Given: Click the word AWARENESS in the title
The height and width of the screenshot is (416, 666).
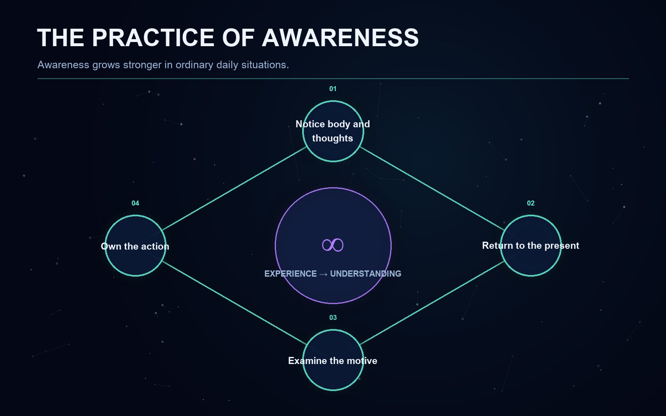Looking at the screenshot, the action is pyautogui.click(x=340, y=38).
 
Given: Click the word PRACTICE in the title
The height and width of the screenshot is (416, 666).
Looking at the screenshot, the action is pyautogui.click(x=153, y=38).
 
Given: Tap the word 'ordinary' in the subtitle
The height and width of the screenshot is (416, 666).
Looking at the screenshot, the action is pyautogui.click(x=194, y=65).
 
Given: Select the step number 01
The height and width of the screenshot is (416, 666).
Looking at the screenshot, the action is pyautogui.click(x=333, y=89).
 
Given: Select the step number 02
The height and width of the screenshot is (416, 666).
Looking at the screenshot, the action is pyautogui.click(x=531, y=203).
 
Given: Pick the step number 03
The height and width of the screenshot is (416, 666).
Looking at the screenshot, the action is pyautogui.click(x=333, y=318).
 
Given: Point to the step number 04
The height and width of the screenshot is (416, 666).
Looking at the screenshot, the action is pyautogui.click(x=135, y=203).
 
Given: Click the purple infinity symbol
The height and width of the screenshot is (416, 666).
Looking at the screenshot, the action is pyautogui.click(x=333, y=245).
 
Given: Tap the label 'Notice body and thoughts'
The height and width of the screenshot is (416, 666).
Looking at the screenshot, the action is pyautogui.click(x=333, y=131).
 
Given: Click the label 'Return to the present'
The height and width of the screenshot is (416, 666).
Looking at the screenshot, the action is pyautogui.click(x=530, y=245).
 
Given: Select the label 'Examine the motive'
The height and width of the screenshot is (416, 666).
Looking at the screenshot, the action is pyautogui.click(x=333, y=361).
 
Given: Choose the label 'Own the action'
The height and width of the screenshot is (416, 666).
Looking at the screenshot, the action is pyautogui.click(x=135, y=246).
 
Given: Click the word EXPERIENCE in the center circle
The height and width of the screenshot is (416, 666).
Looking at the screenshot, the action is pyautogui.click(x=291, y=274).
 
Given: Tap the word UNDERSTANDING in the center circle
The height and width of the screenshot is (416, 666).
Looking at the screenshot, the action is pyautogui.click(x=366, y=274).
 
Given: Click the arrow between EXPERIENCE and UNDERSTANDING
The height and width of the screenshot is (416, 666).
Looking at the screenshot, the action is pyautogui.click(x=323, y=274).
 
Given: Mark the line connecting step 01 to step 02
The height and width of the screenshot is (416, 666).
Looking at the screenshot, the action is pyautogui.click(x=432, y=188).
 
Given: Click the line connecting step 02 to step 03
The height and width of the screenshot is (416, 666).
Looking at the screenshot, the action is pyautogui.click(x=432, y=303).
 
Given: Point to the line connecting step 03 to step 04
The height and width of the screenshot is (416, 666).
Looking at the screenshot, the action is pyautogui.click(x=234, y=303).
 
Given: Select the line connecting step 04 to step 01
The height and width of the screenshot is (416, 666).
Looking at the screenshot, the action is pyautogui.click(x=234, y=188).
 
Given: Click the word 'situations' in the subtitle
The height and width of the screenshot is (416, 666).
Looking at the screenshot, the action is pyautogui.click(x=265, y=65).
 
